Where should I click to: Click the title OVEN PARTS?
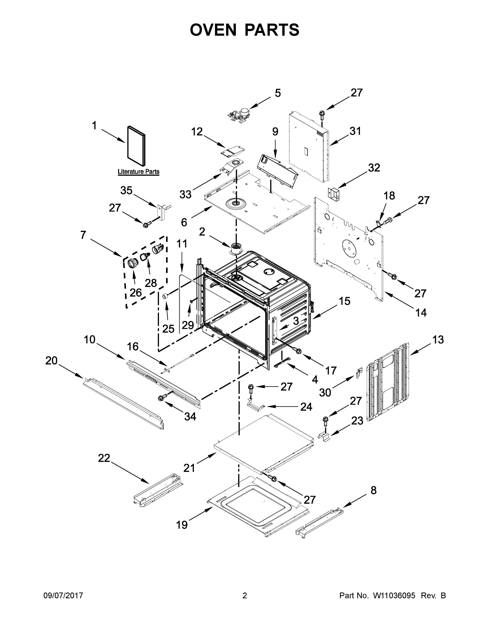[244, 30]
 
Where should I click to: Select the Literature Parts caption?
[138, 172]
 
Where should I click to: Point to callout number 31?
[355, 131]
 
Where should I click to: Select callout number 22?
[104, 458]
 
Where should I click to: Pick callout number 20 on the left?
[51, 361]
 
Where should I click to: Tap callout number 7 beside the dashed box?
[83, 235]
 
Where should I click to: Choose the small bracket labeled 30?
[359, 373]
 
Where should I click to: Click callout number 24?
[306, 407]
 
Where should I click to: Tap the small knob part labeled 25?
[165, 296]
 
